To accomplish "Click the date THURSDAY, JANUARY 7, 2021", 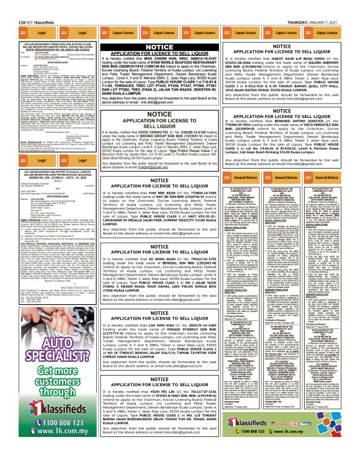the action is click(328, 5).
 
